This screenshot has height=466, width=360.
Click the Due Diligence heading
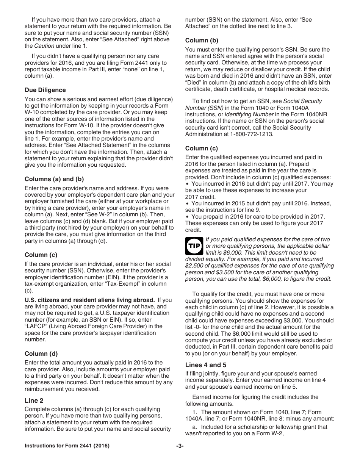[45, 90]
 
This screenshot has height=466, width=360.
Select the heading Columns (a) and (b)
[54, 179]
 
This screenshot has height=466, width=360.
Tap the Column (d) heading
[41, 354]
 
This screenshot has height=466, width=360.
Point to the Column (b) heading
[202, 41]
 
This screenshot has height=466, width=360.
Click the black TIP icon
[194, 246]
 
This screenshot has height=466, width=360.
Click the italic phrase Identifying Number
[249, 114]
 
